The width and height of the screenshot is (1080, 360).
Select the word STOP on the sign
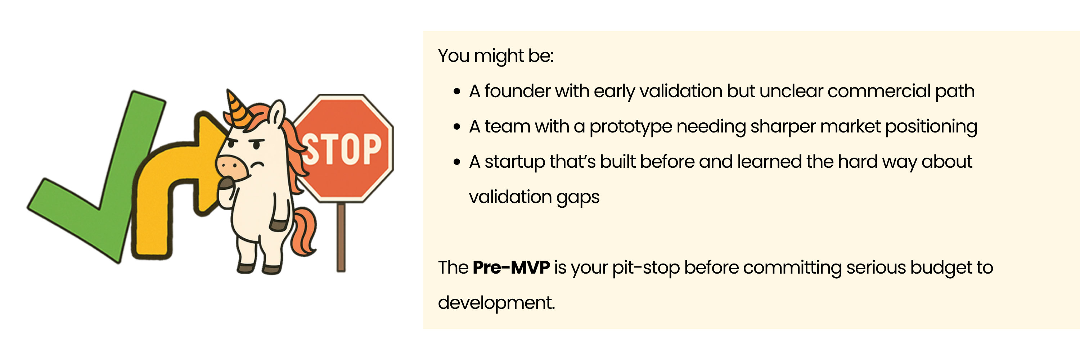(342, 149)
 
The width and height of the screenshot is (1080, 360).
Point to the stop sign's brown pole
(341, 237)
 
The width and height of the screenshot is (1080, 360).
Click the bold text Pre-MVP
(511, 267)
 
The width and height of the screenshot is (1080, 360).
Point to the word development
(496, 303)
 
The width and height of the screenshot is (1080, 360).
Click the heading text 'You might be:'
(496, 56)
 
